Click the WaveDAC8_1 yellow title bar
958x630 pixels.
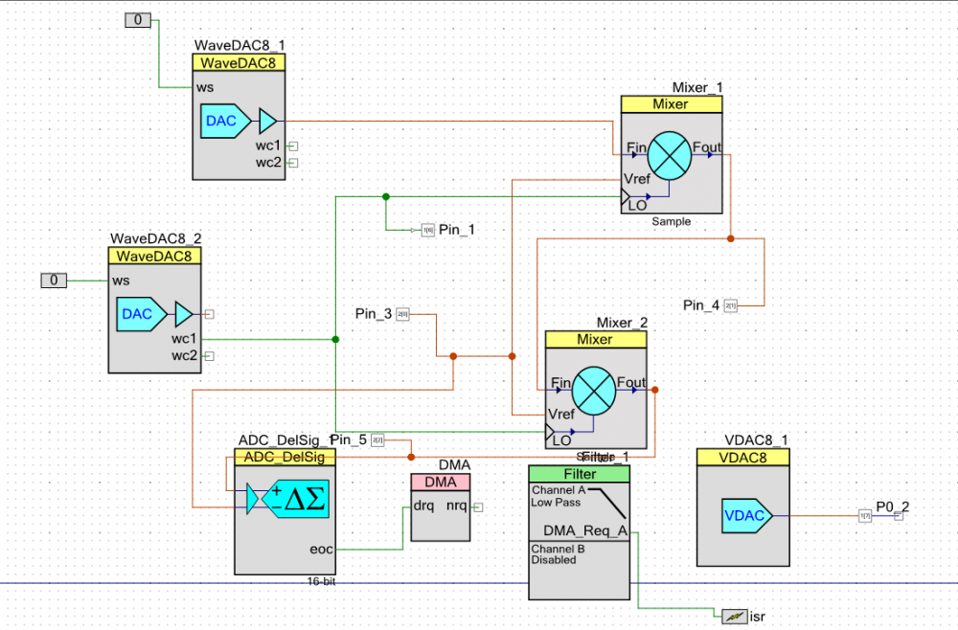pos(239,63)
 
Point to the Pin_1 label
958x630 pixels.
pos(456,230)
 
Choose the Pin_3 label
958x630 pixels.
pos(374,313)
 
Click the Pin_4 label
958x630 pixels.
pos(701,305)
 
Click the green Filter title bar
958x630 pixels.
pos(580,474)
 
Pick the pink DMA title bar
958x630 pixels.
pos(441,482)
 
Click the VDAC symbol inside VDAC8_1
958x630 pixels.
pos(741,516)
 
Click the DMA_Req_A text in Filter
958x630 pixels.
pos(584,531)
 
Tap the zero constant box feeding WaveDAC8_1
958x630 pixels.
pos(139,19)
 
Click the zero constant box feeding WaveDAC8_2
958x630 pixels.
pos(54,280)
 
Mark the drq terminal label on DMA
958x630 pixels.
pos(424,506)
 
